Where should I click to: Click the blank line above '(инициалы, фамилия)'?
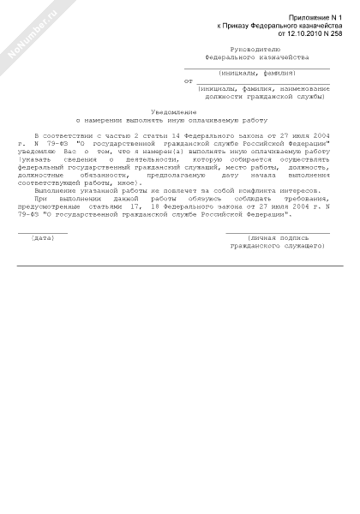257,68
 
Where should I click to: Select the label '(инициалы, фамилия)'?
257,74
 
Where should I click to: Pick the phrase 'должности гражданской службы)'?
257,97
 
